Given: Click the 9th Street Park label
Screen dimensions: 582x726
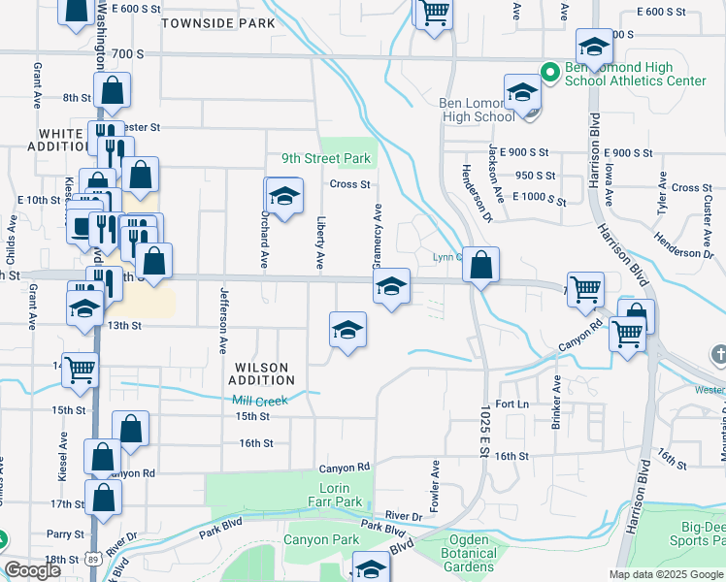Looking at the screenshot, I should [x=326, y=158].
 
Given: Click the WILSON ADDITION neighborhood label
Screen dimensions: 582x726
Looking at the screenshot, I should [x=261, y=373].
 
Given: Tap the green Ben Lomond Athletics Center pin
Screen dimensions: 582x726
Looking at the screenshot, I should [x=548, y=71].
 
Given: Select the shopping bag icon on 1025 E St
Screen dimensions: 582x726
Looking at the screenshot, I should [x=480, y=263].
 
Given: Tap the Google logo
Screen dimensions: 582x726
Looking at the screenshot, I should [x=32, y=570].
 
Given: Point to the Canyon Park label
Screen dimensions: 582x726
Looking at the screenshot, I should [x=321, y=539].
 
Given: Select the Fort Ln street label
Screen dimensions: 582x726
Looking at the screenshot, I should [x=511, y=404].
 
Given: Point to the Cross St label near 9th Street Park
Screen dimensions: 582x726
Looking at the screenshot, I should [x=350, y=184].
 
